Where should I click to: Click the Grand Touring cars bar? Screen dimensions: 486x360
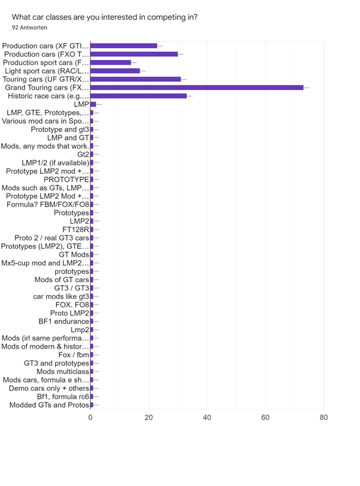tap(197, 87)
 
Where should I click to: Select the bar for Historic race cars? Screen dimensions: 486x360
tap(139, 96)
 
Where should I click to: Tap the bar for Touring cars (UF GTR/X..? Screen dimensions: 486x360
tap(136, 79)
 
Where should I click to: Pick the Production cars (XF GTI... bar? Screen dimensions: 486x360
tap(124, 45)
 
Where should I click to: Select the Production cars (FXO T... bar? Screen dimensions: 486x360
tap(134, 54)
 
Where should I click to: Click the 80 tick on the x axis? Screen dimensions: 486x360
tap(324, 417)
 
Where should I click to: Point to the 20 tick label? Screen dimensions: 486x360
tap(148, 417)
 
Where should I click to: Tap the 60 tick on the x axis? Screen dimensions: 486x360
tap(265, 417)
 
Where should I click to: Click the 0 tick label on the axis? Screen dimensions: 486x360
tap(90, 417)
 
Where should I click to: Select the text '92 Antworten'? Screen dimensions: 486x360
tap(30, 27)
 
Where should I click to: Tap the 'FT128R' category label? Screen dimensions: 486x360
tap(76, 230)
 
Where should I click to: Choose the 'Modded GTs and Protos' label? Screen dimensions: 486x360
tap(50, 405)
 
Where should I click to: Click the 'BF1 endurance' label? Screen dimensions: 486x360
tap(63, 322)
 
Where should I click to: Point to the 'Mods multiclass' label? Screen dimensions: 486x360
tap(63, 372)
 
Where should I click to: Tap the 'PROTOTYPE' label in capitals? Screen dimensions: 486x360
tap(66, 179)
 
